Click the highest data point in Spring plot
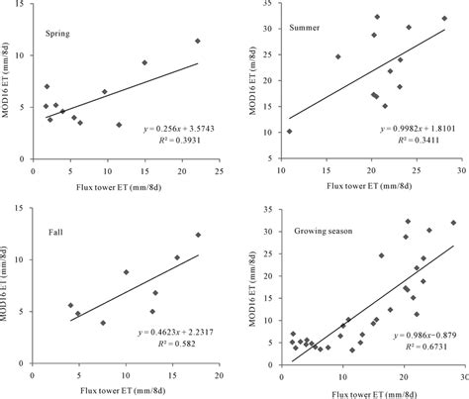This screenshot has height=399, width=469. tap(198, 41)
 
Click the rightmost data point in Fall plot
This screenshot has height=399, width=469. tap(198, 235)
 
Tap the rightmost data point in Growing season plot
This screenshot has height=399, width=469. tap(453, 223)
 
